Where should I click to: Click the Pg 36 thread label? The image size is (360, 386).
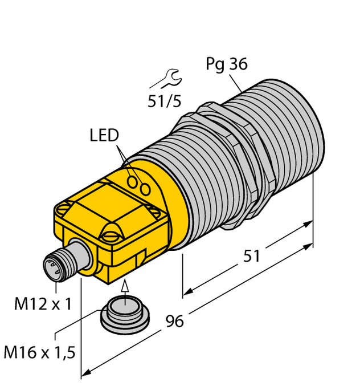point(226,65)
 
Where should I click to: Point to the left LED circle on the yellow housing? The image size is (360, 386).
point(134,182)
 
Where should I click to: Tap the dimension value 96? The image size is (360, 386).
point(174,322)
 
